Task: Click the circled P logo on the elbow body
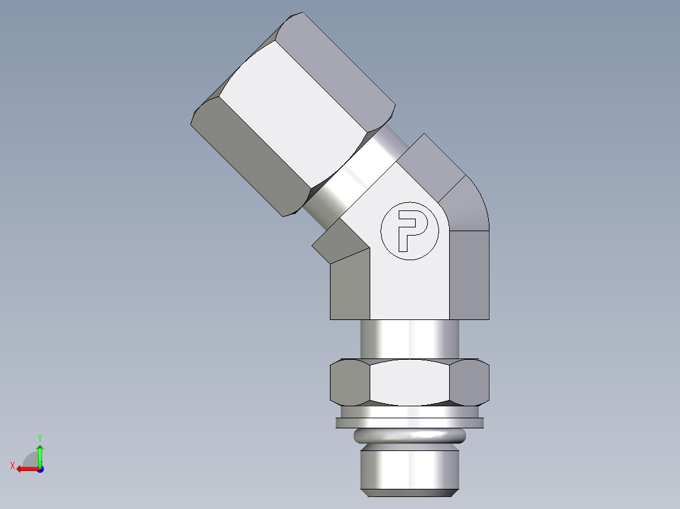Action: (409, 231)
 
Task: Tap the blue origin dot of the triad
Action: (40, 469)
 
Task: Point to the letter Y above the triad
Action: (39, 437)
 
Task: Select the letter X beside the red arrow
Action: (12, 466)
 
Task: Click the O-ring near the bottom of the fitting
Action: (409, 435)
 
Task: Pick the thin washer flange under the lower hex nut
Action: (409, 421)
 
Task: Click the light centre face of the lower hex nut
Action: (409, 382)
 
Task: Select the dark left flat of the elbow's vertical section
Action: (350, 287)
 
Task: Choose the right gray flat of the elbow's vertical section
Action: (469, 274)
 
